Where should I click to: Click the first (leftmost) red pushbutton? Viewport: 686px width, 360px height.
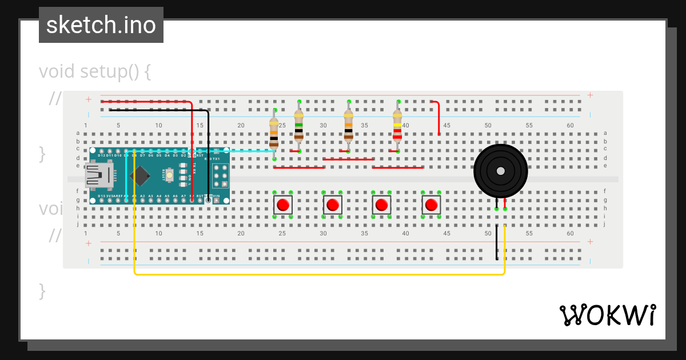point(283,205)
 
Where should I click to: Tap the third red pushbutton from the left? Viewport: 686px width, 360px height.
point(381,205)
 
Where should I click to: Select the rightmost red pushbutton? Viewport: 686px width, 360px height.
point(432,205)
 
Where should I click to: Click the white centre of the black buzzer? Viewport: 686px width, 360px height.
point(501,171)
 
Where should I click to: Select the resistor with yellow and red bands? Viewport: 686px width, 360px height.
point(397,127)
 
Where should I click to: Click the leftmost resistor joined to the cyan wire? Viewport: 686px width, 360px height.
point(274,130)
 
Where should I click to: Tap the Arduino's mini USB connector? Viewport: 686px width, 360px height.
point(98,175)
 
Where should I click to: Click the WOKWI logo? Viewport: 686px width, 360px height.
point(607,315)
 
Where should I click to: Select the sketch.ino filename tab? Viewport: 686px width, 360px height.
point(101,25)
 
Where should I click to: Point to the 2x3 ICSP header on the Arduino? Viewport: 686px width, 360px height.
point(221,175)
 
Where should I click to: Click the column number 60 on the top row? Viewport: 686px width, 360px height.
point(570,125)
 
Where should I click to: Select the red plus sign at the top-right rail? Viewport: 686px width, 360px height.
point(590,95)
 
